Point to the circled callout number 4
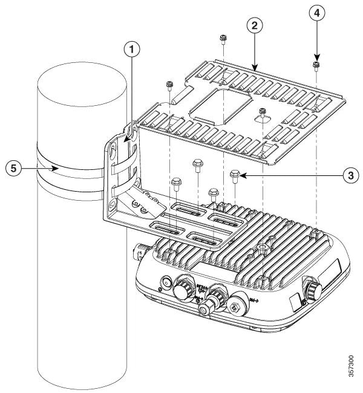click(x=316, y=13)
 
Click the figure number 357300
click(x=353, y=362)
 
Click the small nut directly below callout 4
click(x=316, y=65)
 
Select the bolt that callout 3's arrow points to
click(x=235, y=176)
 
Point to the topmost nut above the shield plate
click(x=223, y=39)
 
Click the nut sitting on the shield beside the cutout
click(x=263, y=111)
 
